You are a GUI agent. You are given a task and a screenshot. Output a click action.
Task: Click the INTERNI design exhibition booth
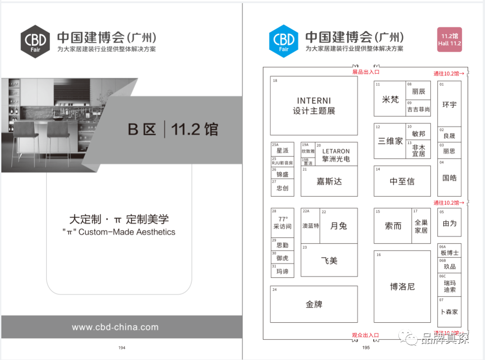tap(314, 106)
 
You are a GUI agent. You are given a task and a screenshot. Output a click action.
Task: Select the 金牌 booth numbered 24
tap(314, 304)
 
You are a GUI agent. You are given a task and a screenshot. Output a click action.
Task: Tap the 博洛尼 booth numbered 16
tap(402, 286)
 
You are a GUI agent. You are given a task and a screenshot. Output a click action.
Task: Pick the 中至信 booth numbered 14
tap(402, 181)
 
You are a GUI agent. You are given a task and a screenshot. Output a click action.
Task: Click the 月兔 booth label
tap(339, 226)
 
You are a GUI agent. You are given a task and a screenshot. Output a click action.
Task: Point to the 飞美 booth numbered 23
tap(329, 261)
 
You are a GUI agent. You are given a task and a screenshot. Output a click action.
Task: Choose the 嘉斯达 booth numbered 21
tap(329, 181)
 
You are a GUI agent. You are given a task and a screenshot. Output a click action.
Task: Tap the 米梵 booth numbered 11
tap(390, 99)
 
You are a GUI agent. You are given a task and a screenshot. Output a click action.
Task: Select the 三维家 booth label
tap(390, 141)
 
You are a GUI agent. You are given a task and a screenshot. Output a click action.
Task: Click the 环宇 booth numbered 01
tap(449, 104)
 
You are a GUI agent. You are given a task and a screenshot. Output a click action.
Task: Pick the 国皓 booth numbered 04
tap(449, 178)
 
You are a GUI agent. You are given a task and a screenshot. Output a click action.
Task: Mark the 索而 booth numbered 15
tap(393, 226)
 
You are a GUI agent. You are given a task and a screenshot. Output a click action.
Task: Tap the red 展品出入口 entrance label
tap(366, 72)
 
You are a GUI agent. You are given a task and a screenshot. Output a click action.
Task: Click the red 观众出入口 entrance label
tap(365, 335)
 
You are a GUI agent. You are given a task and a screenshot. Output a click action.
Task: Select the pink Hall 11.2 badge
tap(450, 40)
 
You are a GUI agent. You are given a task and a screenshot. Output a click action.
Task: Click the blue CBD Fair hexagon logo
tap(284, 41)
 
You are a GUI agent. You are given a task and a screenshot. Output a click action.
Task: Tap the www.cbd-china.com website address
tap(115, 327)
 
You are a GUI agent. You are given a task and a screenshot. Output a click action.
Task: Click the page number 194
tap(122, 347)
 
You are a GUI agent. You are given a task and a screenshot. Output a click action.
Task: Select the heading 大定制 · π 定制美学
tap(119, 219)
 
